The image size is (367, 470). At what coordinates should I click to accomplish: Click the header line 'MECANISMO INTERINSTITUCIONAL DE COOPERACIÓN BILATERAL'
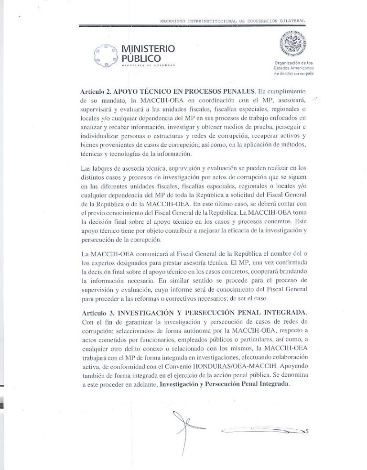coord(233,21)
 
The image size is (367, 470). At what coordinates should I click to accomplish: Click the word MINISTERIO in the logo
coord(148,48)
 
